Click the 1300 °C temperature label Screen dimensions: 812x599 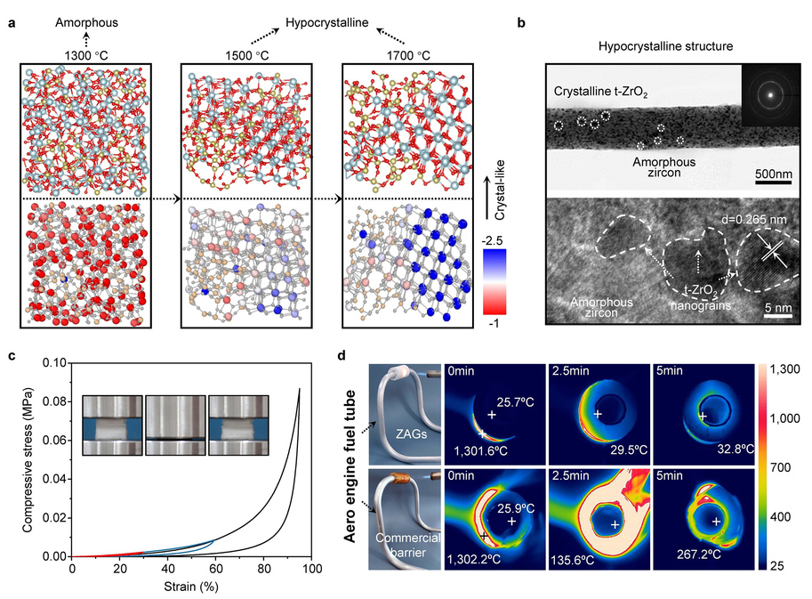[86, 55]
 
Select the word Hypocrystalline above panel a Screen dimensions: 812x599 [326, 23]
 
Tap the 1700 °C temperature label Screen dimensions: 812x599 [408, 55]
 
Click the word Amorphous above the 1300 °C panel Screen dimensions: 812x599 [86, 23]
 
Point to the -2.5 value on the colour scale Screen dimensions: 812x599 [492, 241]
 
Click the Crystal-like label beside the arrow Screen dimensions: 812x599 [499, 190]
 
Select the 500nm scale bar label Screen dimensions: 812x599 [773, 174]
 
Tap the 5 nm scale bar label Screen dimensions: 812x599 [778, 308]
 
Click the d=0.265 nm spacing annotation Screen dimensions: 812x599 [754, 220]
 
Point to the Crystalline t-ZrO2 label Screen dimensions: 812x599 [600, 92]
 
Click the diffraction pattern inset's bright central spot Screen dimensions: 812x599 [770, 95]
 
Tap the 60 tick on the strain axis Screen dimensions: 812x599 [215, 569]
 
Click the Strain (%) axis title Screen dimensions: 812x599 [191, 587]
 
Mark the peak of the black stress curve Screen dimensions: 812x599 [300, 389]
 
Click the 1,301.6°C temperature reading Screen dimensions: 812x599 [480, 451]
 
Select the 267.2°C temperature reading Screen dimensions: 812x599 [698, 554]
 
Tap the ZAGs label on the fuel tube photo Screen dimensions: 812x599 [411, 433]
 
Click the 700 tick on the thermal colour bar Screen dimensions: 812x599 [780, 467]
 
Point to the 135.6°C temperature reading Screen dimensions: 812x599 [572, 560]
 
